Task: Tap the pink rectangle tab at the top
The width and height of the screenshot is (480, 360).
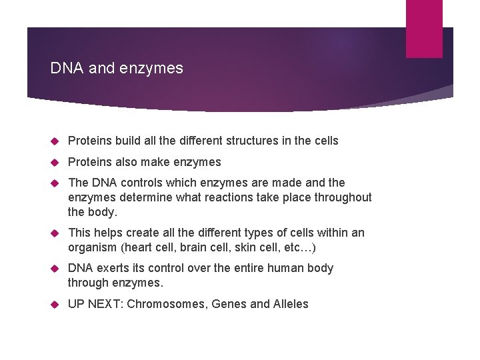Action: click(424, 28)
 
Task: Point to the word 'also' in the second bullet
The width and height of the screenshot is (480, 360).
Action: click(127, 162)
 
